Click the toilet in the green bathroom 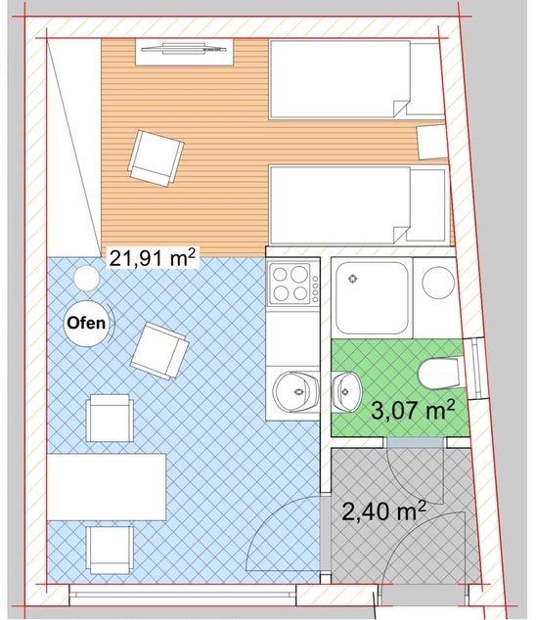[x=436, y=374]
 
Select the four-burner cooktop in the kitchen [x=292, y=283]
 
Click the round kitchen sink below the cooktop [x=291, y=392]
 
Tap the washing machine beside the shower [x=436, y=285]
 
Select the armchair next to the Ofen [x=158, y=350]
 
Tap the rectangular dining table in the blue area [x=108, y=486]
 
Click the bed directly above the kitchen [x=356, y=205]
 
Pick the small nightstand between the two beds [x=431, y=143]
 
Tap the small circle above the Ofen [x=85, y=280]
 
